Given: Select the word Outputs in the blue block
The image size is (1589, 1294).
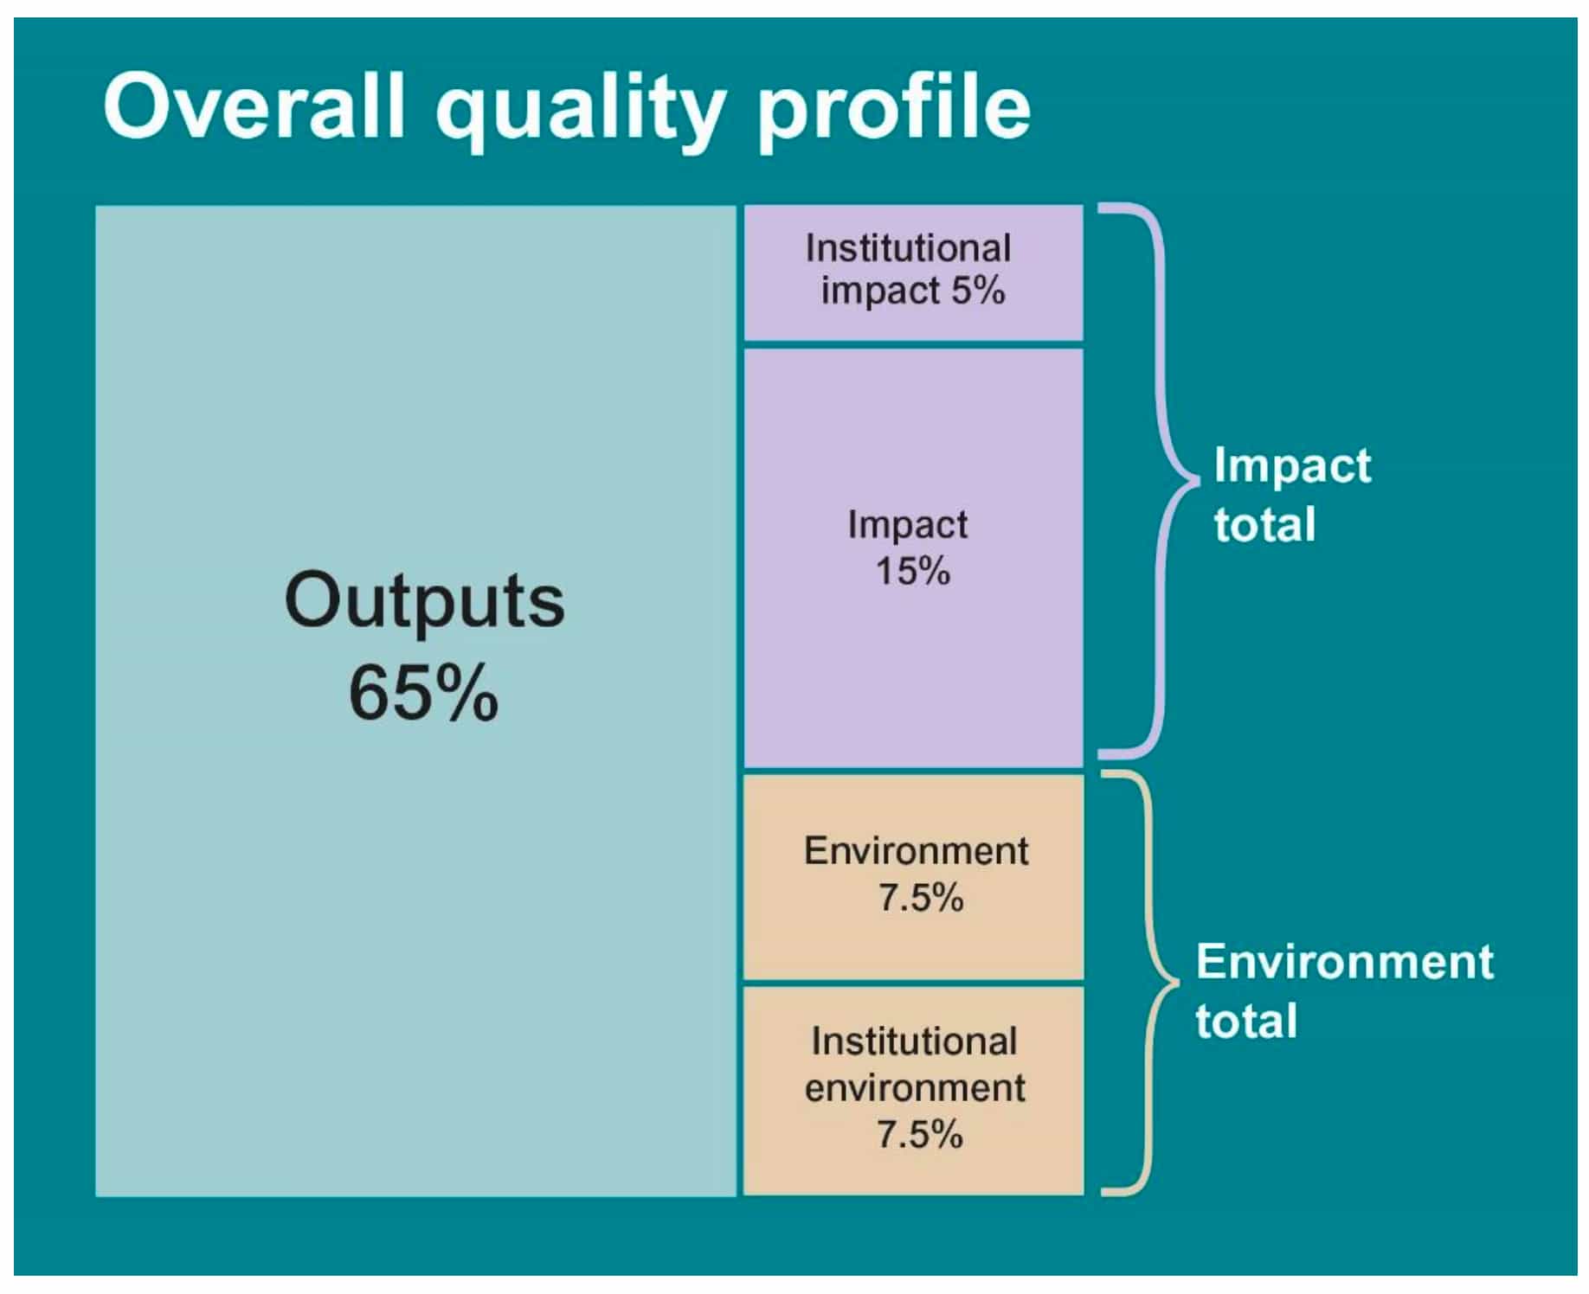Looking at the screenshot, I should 424,600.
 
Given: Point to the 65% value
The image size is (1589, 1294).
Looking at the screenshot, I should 423,693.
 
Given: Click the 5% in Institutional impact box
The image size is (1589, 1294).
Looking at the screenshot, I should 978,290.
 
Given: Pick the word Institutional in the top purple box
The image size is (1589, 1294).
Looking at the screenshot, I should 908,248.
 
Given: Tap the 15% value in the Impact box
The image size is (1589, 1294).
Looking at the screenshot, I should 912,571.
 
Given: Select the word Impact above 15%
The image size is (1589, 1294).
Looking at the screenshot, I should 907,525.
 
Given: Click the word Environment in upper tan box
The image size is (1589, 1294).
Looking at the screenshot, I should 916,851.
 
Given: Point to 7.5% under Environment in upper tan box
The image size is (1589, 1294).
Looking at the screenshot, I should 920,898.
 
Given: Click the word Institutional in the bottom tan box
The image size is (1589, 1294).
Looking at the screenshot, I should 914,1041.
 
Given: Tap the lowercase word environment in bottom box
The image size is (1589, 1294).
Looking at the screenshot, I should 915,1088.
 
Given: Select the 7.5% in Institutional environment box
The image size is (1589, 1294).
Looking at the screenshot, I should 919,1134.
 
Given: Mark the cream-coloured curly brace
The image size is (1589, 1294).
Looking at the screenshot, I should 1151,983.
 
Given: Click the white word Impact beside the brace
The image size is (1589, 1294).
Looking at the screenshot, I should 1291,467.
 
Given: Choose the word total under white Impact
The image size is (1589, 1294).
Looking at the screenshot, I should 1264,524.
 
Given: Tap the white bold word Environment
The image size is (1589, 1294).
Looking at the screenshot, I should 1344,962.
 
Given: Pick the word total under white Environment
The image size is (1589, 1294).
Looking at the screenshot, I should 1245,1021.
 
